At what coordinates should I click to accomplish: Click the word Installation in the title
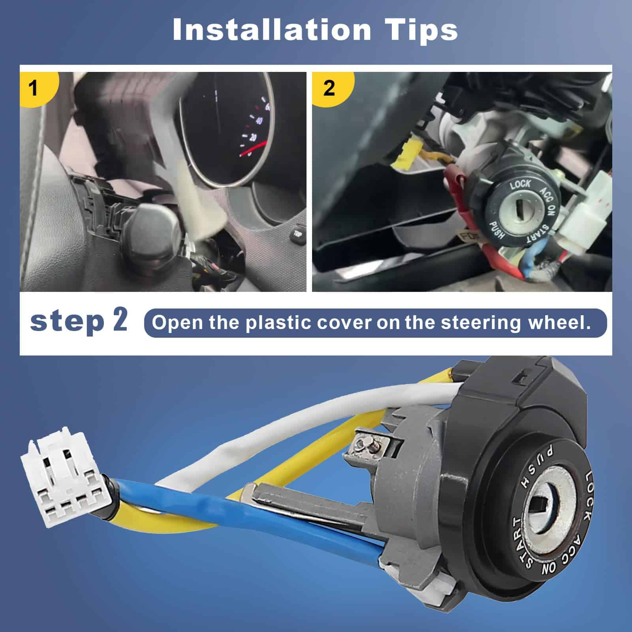point(272,30)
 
